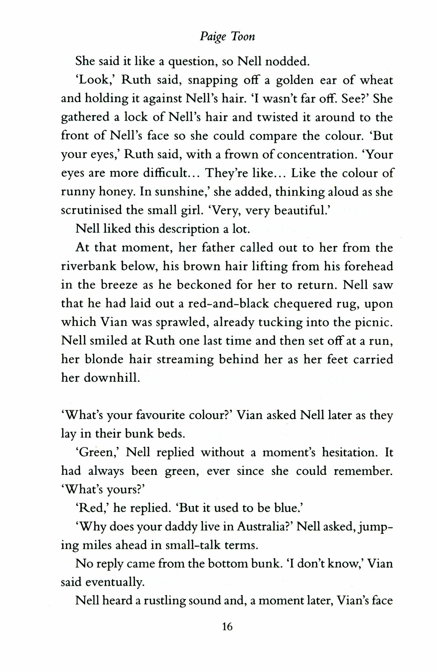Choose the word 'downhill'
click(111, 378)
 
